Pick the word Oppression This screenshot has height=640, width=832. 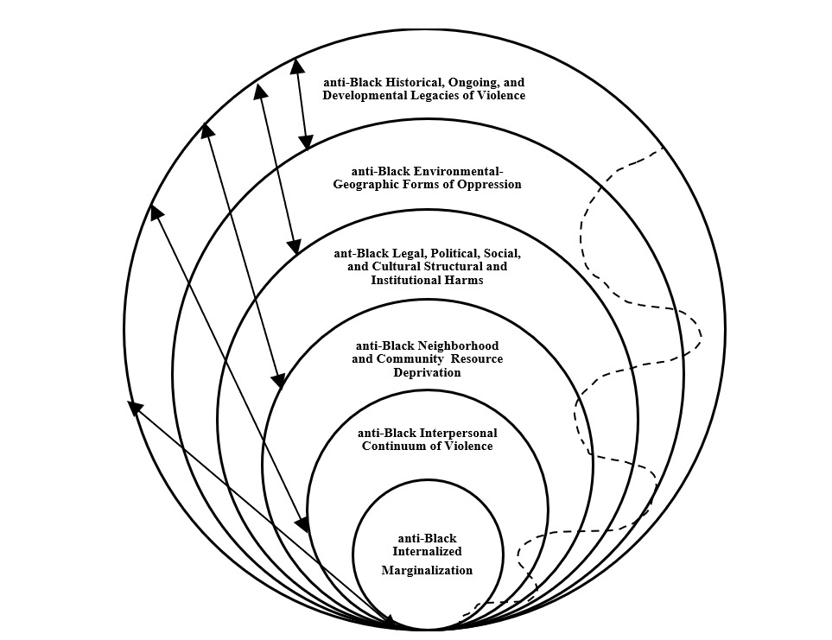[489, 184]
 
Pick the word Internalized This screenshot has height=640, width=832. [427, 551]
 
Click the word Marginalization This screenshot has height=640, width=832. [427, 570]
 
